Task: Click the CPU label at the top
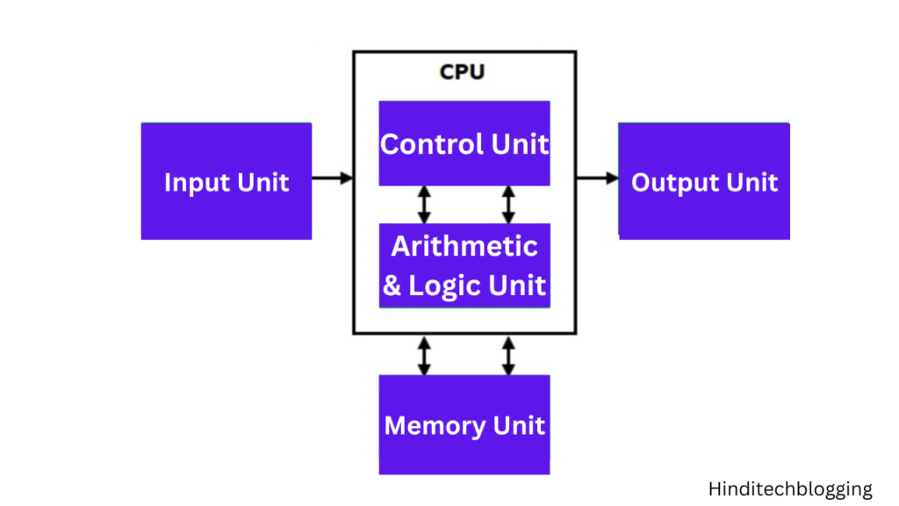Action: point(462,72)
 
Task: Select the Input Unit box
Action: point(227,181)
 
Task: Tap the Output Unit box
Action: point(704,181)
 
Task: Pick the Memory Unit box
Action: point(464,425)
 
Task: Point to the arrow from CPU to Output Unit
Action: point(597,178)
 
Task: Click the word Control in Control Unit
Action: point(431,144)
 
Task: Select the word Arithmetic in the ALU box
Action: point(464,246)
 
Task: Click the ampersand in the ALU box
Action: point(392,286)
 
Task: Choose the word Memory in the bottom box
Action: point(435,426)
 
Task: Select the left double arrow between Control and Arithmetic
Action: point(424,204)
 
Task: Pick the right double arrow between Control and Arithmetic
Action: point(507,204)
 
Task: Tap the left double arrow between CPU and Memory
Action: point(424,354)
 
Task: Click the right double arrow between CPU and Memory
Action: point(507,354)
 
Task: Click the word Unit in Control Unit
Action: point(520,144)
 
